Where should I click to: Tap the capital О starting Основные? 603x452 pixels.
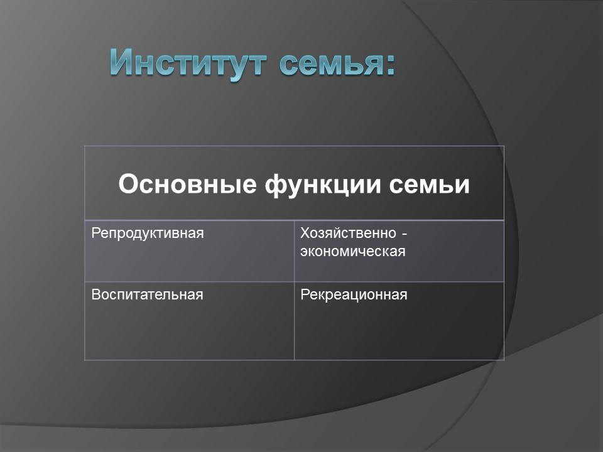click(127, 185)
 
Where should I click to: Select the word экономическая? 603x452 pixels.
click(352, 252)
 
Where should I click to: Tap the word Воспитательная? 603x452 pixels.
click(147, 294)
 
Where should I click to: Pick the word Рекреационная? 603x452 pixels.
click(354, 294)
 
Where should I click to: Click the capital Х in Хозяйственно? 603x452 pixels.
click(305, 234)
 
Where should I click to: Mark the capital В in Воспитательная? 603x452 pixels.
click(95, 294)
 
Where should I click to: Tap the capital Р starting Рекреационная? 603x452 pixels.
click(305, 294)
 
